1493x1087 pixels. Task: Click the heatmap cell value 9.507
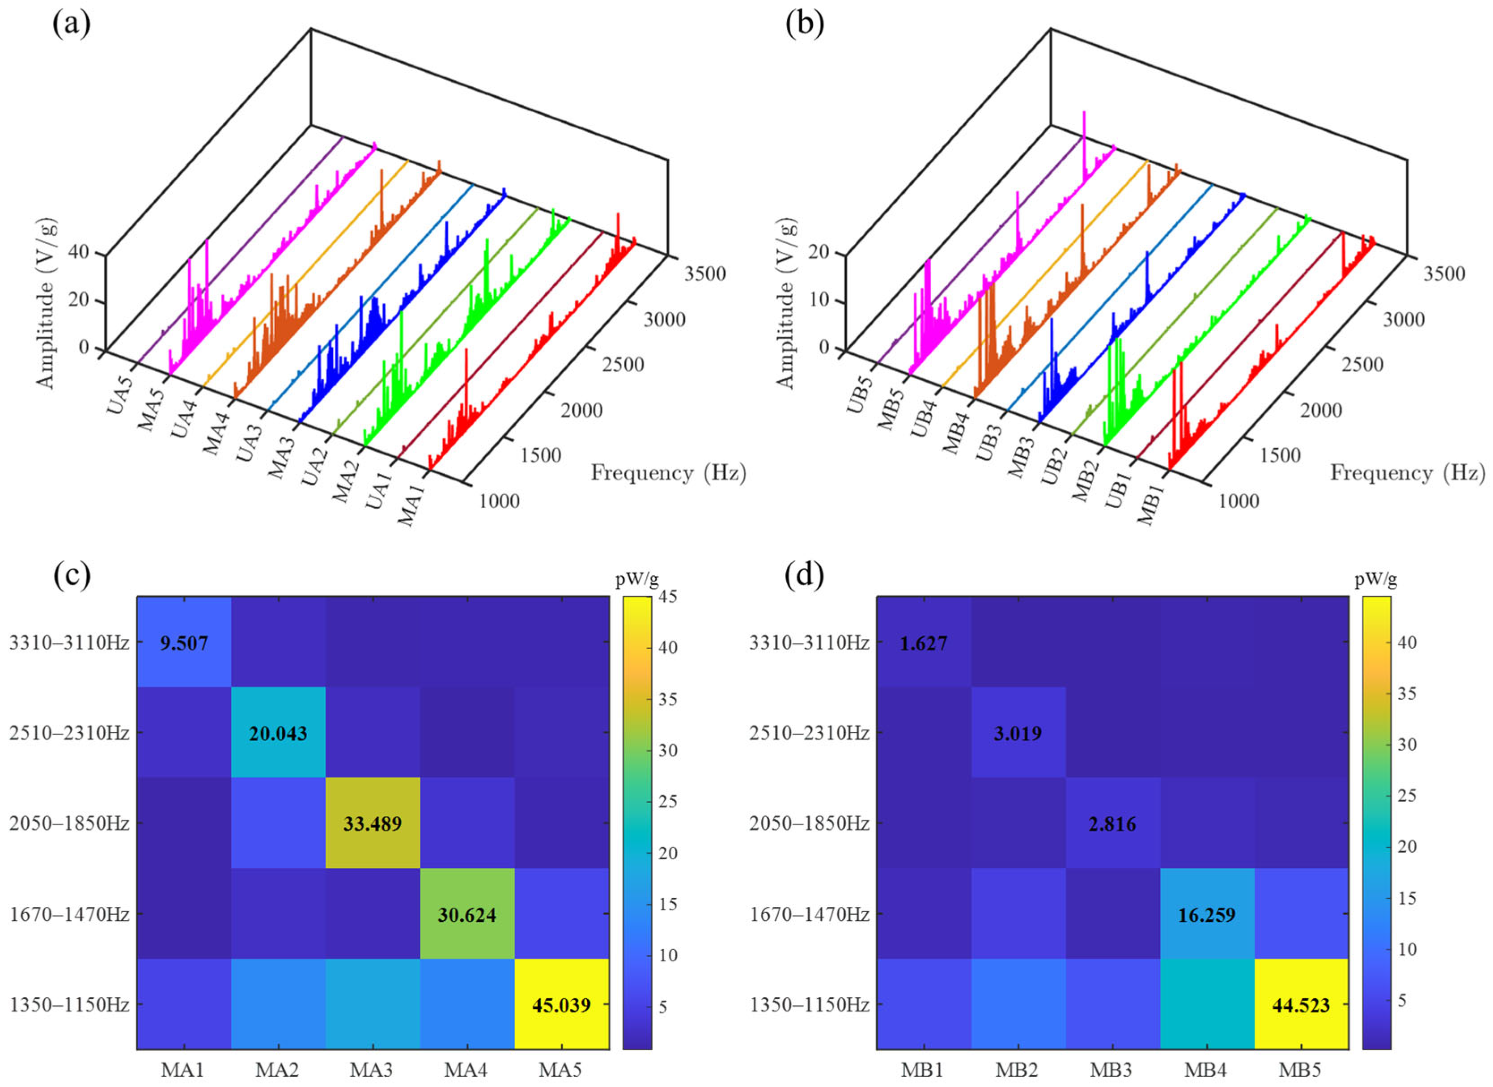[184, 643]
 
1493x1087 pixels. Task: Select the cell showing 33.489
[372, 824]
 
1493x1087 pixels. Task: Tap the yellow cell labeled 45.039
[561, 1005]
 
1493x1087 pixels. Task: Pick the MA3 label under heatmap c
[372, 1070]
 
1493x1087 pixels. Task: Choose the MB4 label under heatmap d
[1206, 1070]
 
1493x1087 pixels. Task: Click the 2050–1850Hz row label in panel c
[69, 824]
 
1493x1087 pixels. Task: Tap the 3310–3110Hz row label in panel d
[809, 643]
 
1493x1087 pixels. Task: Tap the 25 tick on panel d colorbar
[1407, 795]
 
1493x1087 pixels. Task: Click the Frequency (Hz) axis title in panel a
[668, 473]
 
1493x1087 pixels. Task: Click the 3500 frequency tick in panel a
[704, 274]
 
